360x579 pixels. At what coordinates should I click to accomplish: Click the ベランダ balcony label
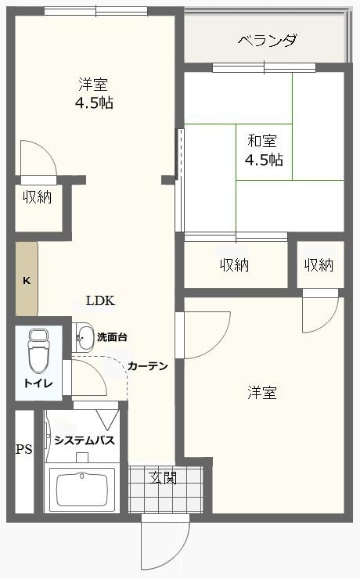click(x=267, y=41)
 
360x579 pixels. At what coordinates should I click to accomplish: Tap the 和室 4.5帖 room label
click(x=264, y=150)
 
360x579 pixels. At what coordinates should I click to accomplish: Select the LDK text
click(x=100, y=301)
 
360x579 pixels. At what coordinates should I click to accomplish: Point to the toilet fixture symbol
click(x=39, y=351)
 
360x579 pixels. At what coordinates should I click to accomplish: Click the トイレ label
click(x=38, y=383)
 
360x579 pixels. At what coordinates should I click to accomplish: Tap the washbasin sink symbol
click(x=84, y=337)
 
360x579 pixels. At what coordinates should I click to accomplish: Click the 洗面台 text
click(x=112, y=336)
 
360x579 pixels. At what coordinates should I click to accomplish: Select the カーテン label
click(x=148, y=366)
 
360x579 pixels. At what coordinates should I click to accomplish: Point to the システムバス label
click(x=85, y=441)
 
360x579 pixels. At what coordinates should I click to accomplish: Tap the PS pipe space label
click(x=24, y=449)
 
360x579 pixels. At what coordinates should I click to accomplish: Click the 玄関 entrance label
click(x=164, y=478)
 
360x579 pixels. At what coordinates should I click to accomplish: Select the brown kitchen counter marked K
click(x=27, y=279)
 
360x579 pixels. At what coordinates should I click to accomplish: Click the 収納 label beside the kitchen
click(x=38, y=197)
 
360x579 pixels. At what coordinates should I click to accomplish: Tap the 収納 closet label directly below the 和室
click(x=235, y=264)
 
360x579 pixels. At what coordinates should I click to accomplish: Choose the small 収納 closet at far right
click(x=319, y=264)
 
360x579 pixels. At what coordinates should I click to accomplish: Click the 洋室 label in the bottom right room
click(x=262, y=392)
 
